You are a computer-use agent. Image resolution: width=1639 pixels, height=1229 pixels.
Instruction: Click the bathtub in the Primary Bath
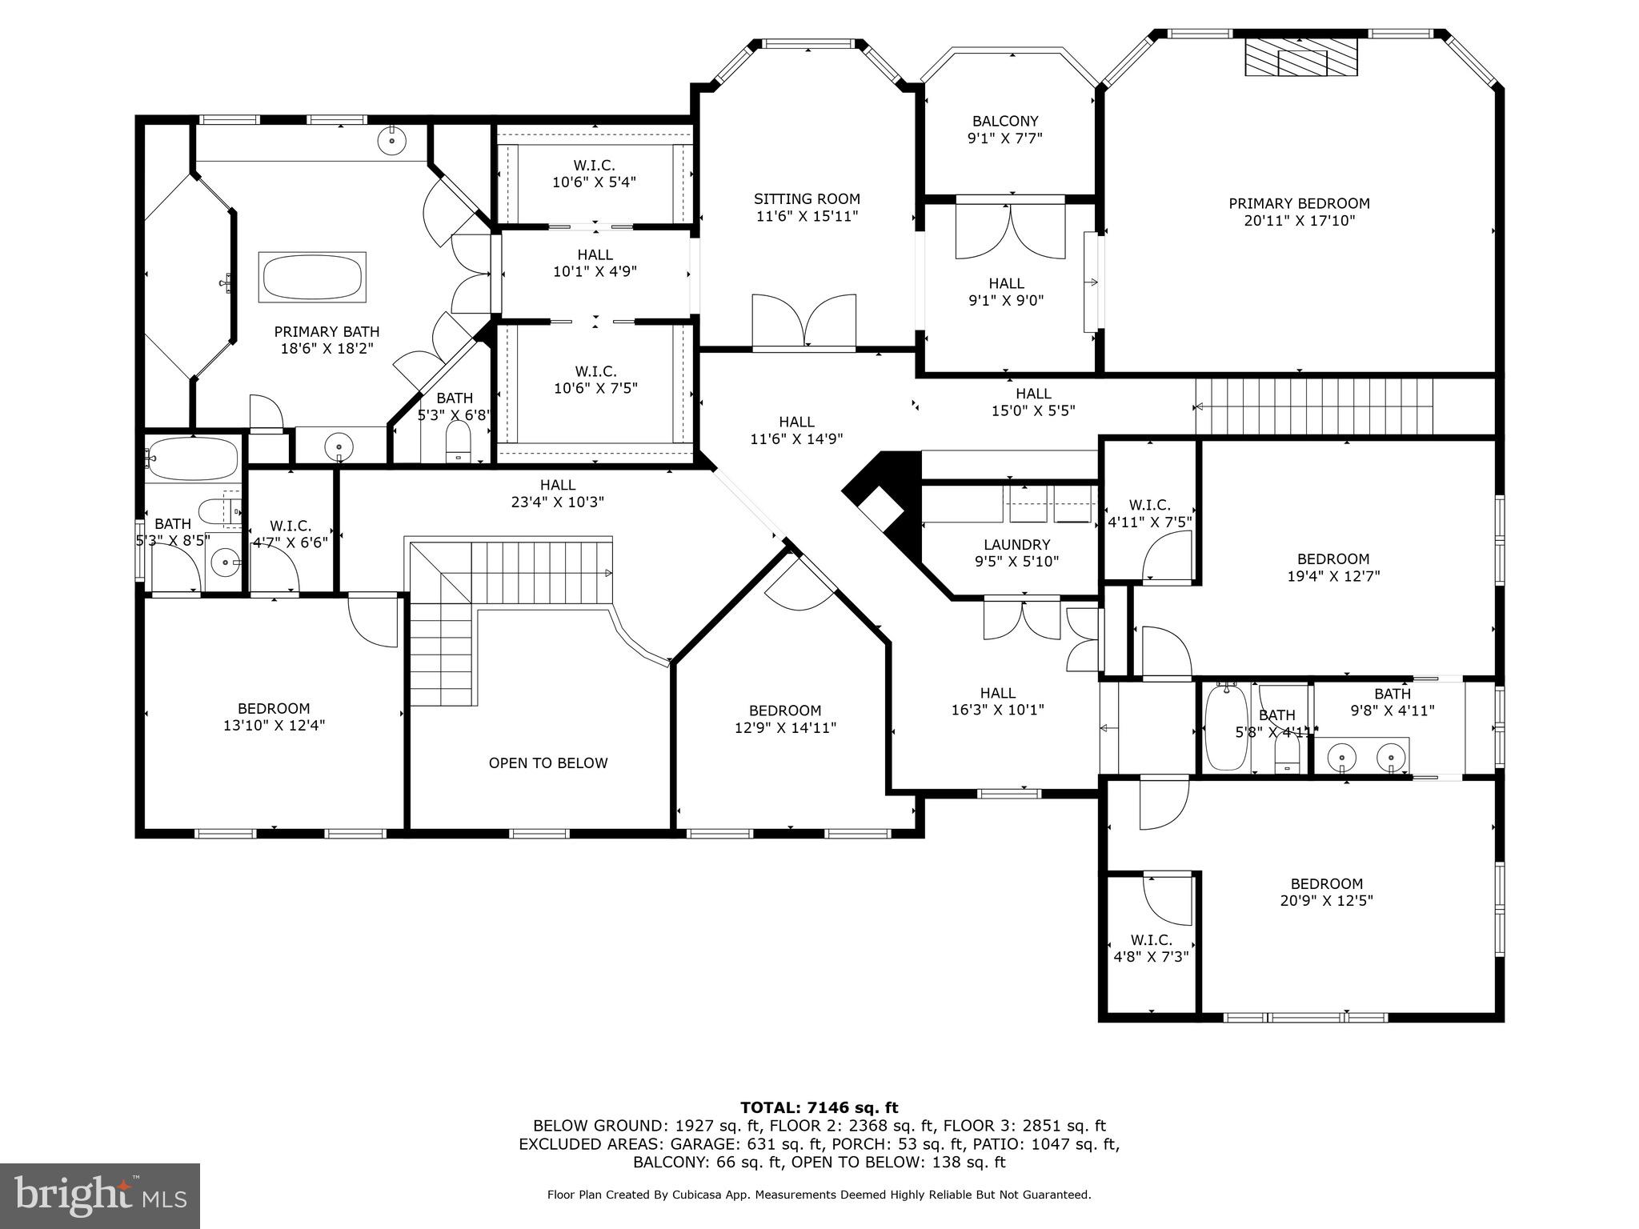pyautogui.click(x=313, y=278)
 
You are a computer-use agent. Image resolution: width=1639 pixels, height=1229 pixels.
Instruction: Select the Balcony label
pyautogui.click(x=1005, y=122)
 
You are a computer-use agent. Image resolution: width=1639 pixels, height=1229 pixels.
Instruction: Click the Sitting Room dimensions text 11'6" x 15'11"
pyautogui.click(x=807, y=216)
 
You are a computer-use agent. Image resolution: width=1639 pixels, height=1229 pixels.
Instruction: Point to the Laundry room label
pyautogui.click(x=1016, y=545)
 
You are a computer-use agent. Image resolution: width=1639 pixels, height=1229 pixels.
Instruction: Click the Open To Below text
pyautogui.click(x=548, y=763)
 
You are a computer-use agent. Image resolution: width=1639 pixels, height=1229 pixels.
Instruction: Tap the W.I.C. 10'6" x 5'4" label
pyautogui.click(x=595, y=174)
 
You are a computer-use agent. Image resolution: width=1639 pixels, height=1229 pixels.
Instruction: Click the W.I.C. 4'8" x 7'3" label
pyautogui.click(x=1151, y=948)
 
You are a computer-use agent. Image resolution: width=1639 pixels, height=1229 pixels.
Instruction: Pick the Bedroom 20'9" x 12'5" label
pyautogui.click(x=1326, y=892)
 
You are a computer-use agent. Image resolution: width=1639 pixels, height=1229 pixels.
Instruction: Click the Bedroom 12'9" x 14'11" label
pyautogui.click(x=784, y=719)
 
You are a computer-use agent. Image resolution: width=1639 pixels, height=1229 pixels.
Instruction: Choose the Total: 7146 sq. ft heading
pyautogui.click(x=819, y=1108)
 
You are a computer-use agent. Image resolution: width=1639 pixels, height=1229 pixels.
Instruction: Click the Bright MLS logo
pyautogui.click(x=99, y=1196)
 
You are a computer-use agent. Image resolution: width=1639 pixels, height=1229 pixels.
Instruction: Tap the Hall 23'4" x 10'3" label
pyautogui.click(x=557, y=494)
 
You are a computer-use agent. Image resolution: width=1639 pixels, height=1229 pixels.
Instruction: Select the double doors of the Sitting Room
pyautogui.click(x=803, y=322)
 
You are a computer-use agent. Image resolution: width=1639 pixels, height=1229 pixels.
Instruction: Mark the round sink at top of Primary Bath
pyautogui.click(x=392, y=141)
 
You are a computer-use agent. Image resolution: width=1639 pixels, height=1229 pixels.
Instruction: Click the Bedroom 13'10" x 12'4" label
pyautogui.click(x=274, y=717)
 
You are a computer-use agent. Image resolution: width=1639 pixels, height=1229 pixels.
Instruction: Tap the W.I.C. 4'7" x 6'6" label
pyautogui.click(x=290, y=534)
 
